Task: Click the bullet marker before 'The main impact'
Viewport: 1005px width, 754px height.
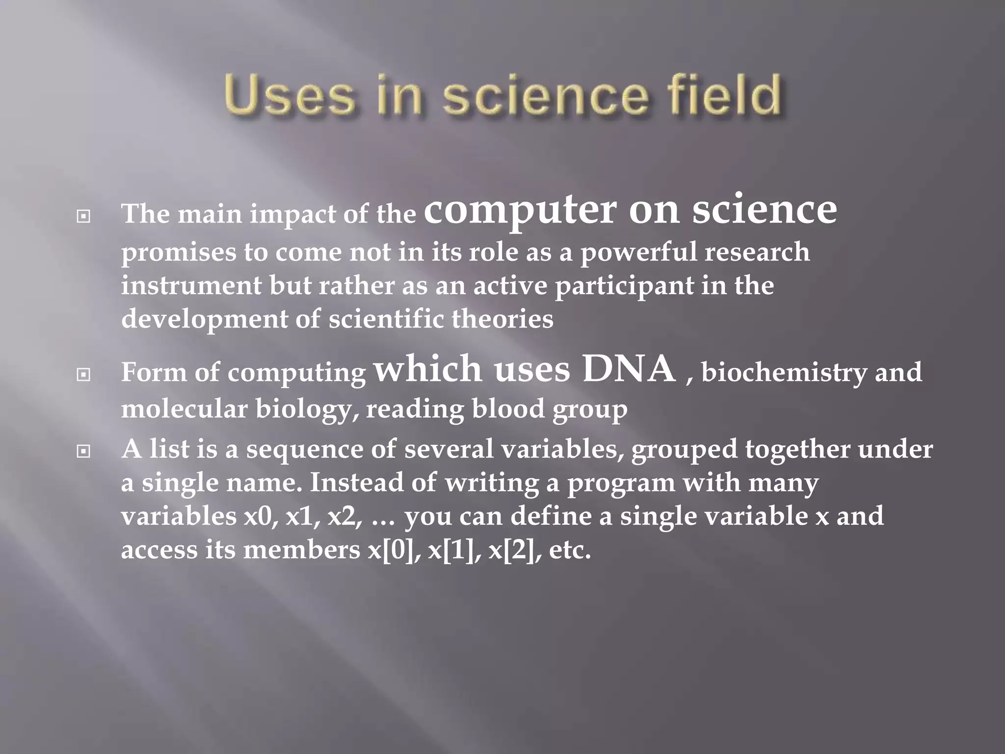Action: click(83, 216)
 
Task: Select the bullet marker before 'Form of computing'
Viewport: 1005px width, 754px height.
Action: click(83, 375)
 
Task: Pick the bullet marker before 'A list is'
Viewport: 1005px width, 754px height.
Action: click(83, 451)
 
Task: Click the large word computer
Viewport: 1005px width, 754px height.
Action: click(520, 211)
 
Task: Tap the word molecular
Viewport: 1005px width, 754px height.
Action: click(184, 408)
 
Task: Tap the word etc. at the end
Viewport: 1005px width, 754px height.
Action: click(570, 550)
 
